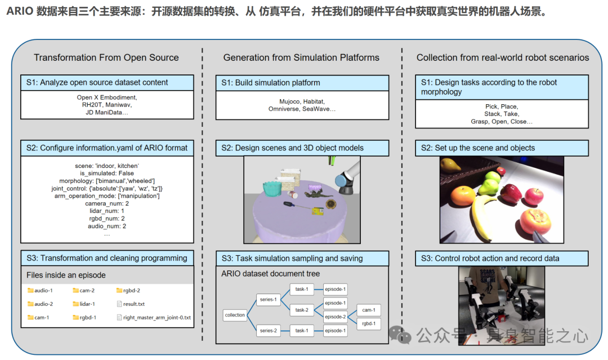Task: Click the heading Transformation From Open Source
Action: [106, 57]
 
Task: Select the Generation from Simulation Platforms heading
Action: [301, 57]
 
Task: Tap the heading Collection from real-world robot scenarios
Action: [503, 57]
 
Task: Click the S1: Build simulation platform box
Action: [302, 83]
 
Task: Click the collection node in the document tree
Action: [235, 315]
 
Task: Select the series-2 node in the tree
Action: [268, 331]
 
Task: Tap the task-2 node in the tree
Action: [301, 310]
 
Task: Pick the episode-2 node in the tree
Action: [336, 317]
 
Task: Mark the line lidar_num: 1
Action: [107, 211]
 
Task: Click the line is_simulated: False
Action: [107, 173]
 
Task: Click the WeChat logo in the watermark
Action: [403, 336]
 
